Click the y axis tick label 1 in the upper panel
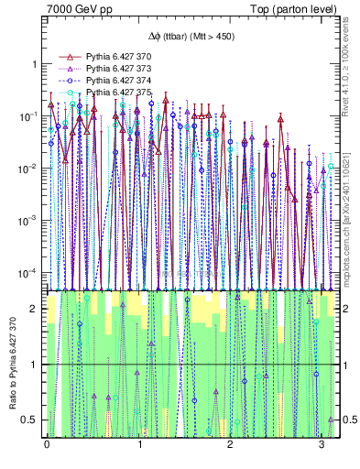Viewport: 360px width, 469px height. (34, 64)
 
